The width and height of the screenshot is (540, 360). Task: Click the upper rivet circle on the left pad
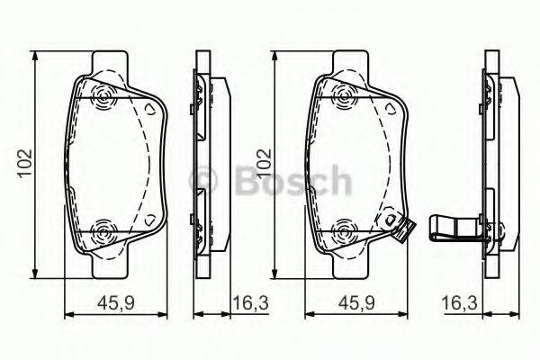pos(102,98)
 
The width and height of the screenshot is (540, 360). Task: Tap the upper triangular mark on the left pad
pos(151,108)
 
